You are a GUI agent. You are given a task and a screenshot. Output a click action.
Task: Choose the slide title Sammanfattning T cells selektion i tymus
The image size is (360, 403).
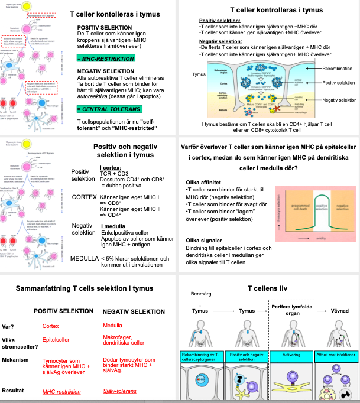point(89,289)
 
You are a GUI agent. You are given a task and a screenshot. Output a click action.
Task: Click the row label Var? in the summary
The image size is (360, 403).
point(9,326)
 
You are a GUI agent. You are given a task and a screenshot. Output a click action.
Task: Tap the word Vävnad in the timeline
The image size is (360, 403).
point(342,310)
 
